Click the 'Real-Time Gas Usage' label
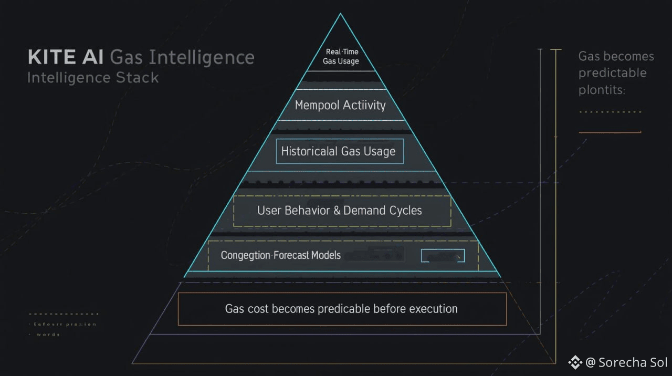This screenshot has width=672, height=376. [x=341, y=57]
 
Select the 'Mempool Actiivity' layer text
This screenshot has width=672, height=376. [x=340, y=105]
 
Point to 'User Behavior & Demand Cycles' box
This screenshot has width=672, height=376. [x=342, y=211]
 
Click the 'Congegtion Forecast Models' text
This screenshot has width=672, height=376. [x=281, y=256]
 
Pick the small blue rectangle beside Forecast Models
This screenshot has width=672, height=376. [x=443, y=256]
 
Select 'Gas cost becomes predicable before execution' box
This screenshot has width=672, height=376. [x=342, y=309]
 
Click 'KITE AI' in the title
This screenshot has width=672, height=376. [x=66, y=57]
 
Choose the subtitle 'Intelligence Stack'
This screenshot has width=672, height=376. [x=93, y=78]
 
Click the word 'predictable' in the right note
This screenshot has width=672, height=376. [x=613, y=73]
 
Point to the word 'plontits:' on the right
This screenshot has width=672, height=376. [x=602, y=90]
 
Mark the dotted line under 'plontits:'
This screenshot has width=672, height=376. [x=610, y=112]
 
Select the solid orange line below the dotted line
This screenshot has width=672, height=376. [x=610, y=132]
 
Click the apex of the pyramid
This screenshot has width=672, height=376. [x=340, y=15]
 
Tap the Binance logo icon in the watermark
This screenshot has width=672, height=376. [x=575, y=362]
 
